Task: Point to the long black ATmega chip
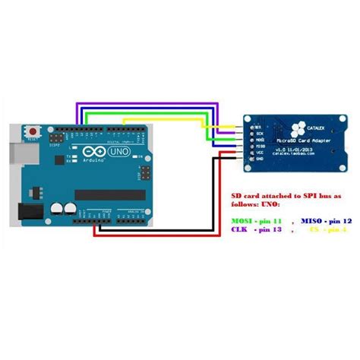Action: point(110,194)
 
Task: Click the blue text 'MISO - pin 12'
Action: point(324,219)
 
